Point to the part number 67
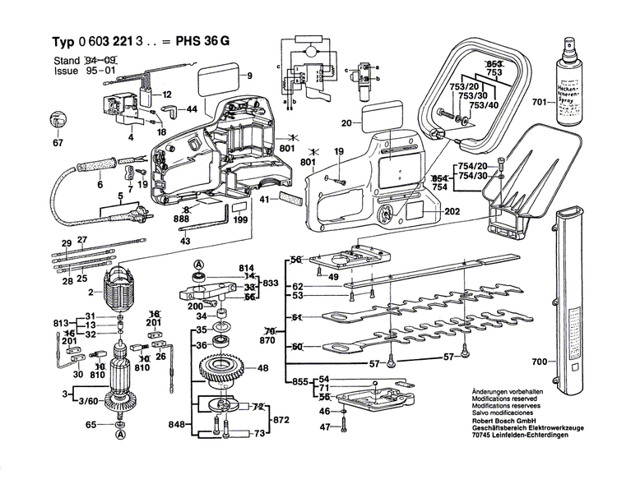(57, 144)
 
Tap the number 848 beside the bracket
(177, 426)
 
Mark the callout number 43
(184, 240)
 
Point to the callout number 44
(191, 109)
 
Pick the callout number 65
(91, 424)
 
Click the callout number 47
(324, 427)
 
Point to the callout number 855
(300, 382)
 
